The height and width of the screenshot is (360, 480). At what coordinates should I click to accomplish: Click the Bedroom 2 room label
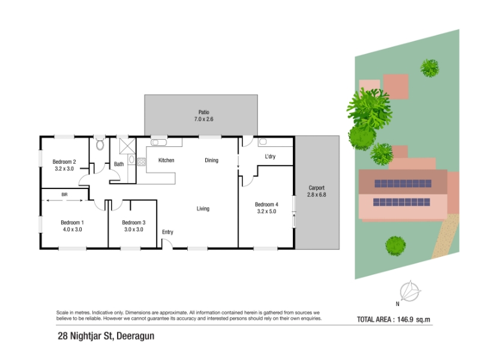[x=64, y=161]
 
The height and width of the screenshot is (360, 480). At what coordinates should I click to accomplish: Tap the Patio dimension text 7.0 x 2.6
[x=203, y=119]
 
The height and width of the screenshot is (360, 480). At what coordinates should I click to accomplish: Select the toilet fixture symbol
[x=100, y=144]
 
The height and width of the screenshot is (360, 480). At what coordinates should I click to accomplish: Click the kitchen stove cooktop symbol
[x=142, y=162]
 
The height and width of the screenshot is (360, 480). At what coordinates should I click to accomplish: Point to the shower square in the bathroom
[x=127, y=146]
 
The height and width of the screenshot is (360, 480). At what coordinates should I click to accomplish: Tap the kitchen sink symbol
[x=158, y=142]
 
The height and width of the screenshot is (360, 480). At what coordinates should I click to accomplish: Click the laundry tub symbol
[x=263, y=142]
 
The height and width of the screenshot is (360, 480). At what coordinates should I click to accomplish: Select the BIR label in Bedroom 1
[x=64, y=194]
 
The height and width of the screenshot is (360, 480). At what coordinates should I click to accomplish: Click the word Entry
[x=167, y=232]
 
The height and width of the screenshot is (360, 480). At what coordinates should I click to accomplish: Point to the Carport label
[x=317, y=188]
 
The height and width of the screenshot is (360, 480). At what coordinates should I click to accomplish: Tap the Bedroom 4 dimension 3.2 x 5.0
[x=266, y=211]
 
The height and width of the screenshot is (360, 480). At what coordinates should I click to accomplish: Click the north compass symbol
[x=410, y=291]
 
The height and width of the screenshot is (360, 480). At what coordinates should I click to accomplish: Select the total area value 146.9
[x=406, y=320]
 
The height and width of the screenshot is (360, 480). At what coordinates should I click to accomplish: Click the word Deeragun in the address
[x=136, y=336]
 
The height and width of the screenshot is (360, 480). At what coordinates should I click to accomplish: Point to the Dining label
[x=212, y=160]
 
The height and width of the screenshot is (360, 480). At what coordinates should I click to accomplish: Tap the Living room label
[x=203, y=209]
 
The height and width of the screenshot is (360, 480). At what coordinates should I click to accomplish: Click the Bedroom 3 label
[x=133, y=223]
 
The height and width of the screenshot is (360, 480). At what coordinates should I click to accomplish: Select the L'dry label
[x=270, y=157]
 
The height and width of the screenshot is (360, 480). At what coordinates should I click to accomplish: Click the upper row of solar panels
[x=403, y=184]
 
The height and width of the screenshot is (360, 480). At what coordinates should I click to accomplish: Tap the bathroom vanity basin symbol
[x=131, y=159]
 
